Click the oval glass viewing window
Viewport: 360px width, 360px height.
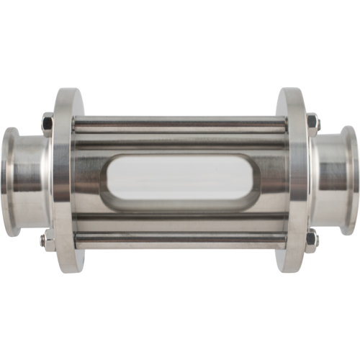(x=180, y=179)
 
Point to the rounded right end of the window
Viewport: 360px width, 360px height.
(x=253, y=179)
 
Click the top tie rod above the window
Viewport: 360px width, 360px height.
(x=180, y=126)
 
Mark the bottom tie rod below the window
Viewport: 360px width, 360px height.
(x=180, y=234)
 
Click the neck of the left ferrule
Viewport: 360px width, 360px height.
(x=32, y=173)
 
